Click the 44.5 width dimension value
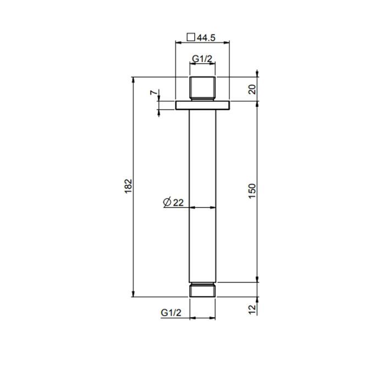206,37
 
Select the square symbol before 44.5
191,37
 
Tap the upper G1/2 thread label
202,58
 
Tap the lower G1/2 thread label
171,312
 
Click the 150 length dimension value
252,191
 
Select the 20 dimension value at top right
252,89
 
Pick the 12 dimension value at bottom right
252,310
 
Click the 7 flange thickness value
153,92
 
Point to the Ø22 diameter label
173,202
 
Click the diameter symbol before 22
167,202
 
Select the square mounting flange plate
202,105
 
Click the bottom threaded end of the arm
202,290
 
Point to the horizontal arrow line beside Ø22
202,208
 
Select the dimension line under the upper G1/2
202,64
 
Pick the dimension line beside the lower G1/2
202,318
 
